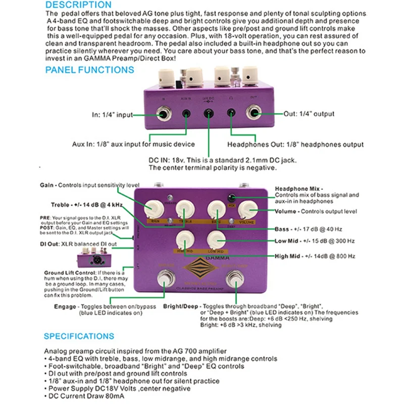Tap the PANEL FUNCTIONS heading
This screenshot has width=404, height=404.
[90, 70]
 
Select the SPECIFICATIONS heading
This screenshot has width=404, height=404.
[79, 336]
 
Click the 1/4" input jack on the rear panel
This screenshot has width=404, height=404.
[164, 115]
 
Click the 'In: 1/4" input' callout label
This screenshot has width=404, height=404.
[113, 115]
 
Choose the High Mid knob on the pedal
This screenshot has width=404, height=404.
[185, 237]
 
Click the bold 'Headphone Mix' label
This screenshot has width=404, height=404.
[298, 188]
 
